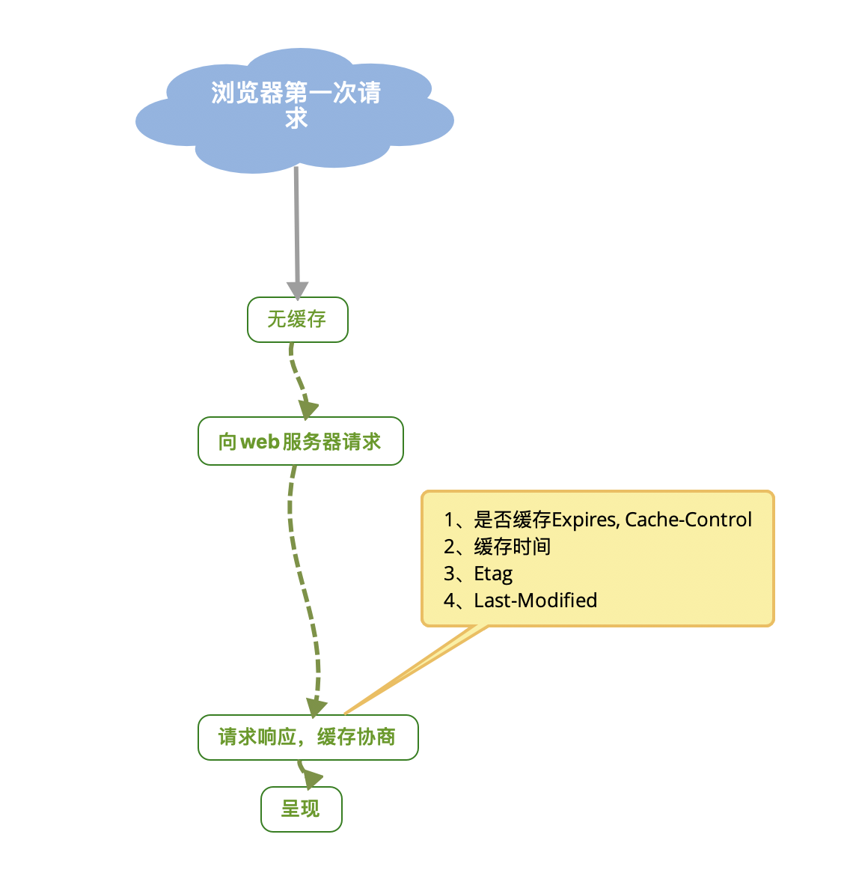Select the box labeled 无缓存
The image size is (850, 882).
[298, 320]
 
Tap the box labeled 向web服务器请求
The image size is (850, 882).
[300, 441]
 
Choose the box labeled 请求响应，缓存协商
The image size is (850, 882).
[308, 737]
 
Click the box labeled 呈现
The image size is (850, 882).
[301, 809]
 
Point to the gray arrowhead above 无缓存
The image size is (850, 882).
[298, 290]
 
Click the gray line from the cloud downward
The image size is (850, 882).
[297, 225]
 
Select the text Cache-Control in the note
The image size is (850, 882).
[688, 520]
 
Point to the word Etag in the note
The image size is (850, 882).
[494, 574]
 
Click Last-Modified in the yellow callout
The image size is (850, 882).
[536, 600]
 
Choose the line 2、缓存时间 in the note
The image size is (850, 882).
[498, 547]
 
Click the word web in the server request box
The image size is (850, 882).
[260, 442]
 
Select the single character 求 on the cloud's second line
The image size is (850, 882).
[296, 118]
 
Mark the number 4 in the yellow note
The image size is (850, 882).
[449, 600]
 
